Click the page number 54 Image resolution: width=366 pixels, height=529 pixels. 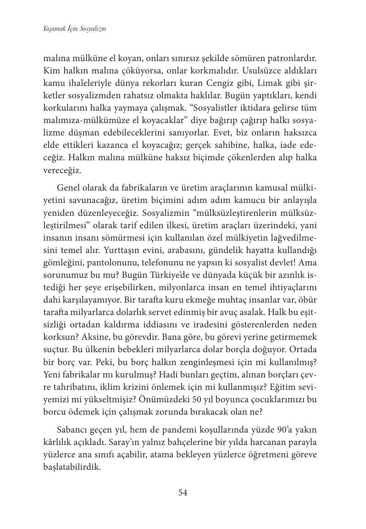point(183,493)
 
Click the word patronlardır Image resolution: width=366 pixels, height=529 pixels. point(293,59)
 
